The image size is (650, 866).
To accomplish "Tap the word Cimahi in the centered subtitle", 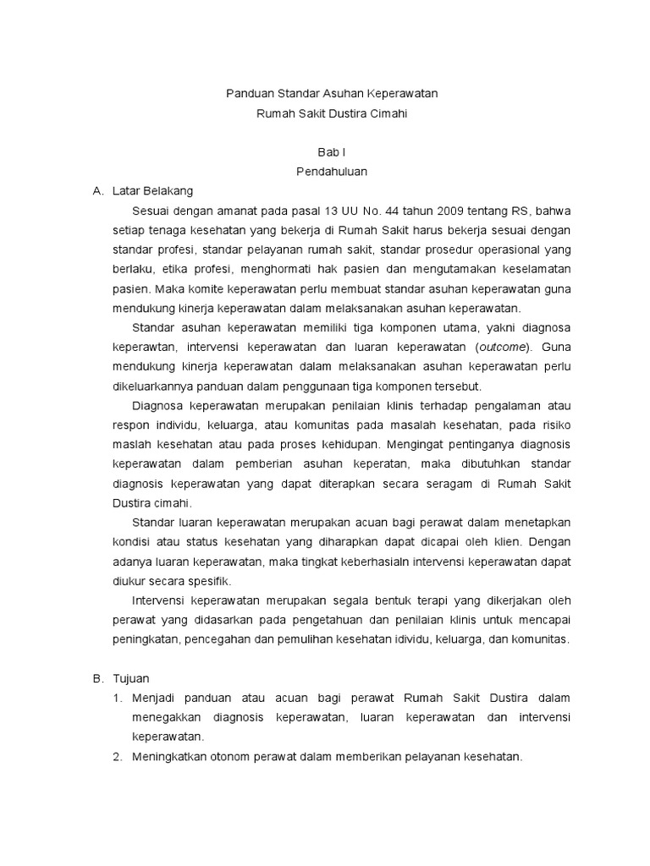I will coord(388,112).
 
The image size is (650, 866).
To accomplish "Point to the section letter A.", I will coord(96,190).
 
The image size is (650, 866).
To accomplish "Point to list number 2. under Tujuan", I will coord(118,757).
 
